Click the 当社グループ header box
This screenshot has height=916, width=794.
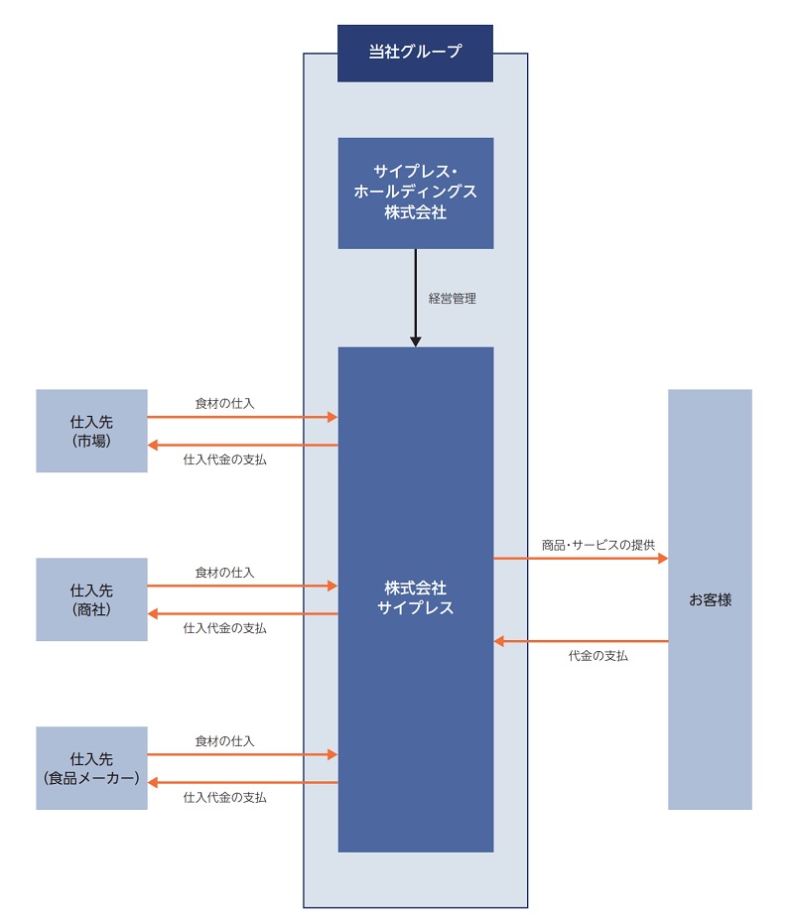tap(415, 53)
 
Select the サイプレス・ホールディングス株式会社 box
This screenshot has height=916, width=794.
tap(415, 193)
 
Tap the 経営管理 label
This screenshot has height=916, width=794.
tap(452, 298)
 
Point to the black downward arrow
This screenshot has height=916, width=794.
tap(416, 298)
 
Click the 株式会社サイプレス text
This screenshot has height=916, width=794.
tap(415, 598)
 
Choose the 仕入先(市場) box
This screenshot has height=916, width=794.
tap(91, 431)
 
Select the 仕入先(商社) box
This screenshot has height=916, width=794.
tap(91, 599)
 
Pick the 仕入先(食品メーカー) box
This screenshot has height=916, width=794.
tap(91, 768)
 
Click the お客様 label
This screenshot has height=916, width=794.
tap(710, 599)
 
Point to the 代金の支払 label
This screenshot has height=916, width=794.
tap(597, 656)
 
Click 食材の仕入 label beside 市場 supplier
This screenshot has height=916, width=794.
tap(224, 403)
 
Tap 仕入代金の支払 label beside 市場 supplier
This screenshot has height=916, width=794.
tap(224, 459)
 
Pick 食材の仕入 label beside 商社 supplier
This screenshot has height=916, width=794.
tap(224, 573)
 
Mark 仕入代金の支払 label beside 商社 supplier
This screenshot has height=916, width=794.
tap(224, 628)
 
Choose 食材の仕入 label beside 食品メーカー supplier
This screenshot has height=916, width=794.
tap(224, 741)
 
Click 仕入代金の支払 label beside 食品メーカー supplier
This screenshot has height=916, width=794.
tap(224, 797)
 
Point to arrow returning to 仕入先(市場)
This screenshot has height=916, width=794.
tap(243, 445)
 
